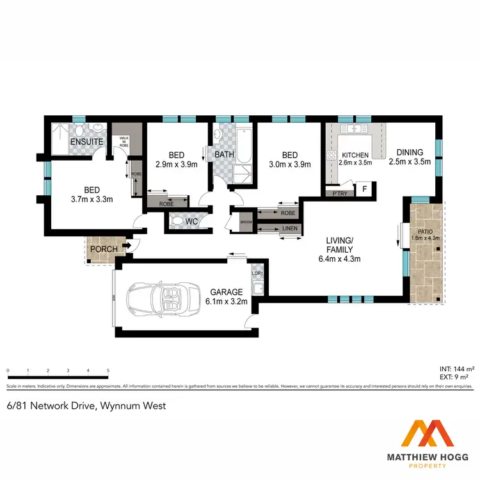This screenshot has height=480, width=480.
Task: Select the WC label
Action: (190, 222)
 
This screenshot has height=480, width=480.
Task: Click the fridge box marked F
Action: (364, 189)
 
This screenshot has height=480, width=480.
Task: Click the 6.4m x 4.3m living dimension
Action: (340, 259)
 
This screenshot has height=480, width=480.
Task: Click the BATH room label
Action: (224, 154)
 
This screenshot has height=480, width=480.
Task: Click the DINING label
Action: (410, 152)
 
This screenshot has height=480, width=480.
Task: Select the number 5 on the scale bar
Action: (108, 371)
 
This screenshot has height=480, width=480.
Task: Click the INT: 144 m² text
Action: (456, 369)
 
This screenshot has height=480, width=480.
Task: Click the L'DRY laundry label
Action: (258, 274)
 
